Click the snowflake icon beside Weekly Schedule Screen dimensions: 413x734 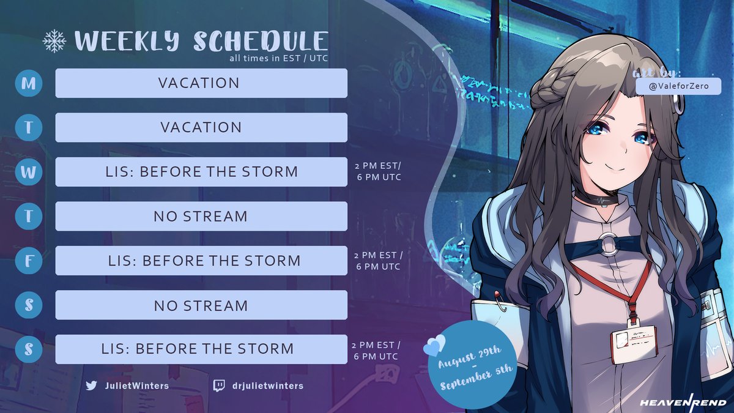click(x=54, y=41)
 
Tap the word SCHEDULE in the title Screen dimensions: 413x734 click(x=261, y=41)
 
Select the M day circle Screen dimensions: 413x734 click(x=29, y=83)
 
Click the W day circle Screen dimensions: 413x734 click(x=29, y=172)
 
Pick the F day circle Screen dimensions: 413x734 click(x=29, y=261)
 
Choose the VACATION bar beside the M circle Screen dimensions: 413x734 click(x=201, y=83)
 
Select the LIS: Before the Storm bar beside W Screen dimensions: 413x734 click(x=201, y=172)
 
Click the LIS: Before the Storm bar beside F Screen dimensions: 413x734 click(x=201, y=261)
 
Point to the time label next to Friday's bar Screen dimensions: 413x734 click(x=379, y=261)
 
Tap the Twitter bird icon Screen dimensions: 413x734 click(x=92, y=385)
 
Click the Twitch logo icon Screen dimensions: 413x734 click(x=218, y=385)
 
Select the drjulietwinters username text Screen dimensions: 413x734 click(x=267, y=385)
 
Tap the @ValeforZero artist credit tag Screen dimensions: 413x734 click(x=678, y=87)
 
